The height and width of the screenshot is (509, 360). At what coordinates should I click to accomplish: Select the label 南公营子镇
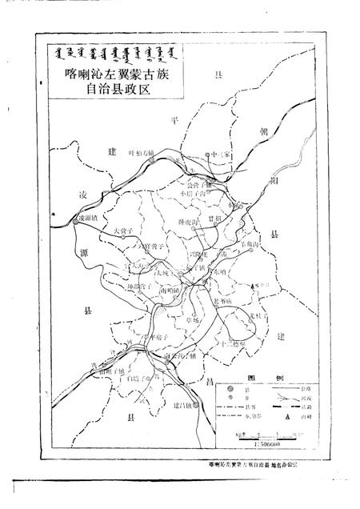[x=178, y=293]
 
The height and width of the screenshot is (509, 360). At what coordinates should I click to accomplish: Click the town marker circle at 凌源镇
[x=74, y=218]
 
